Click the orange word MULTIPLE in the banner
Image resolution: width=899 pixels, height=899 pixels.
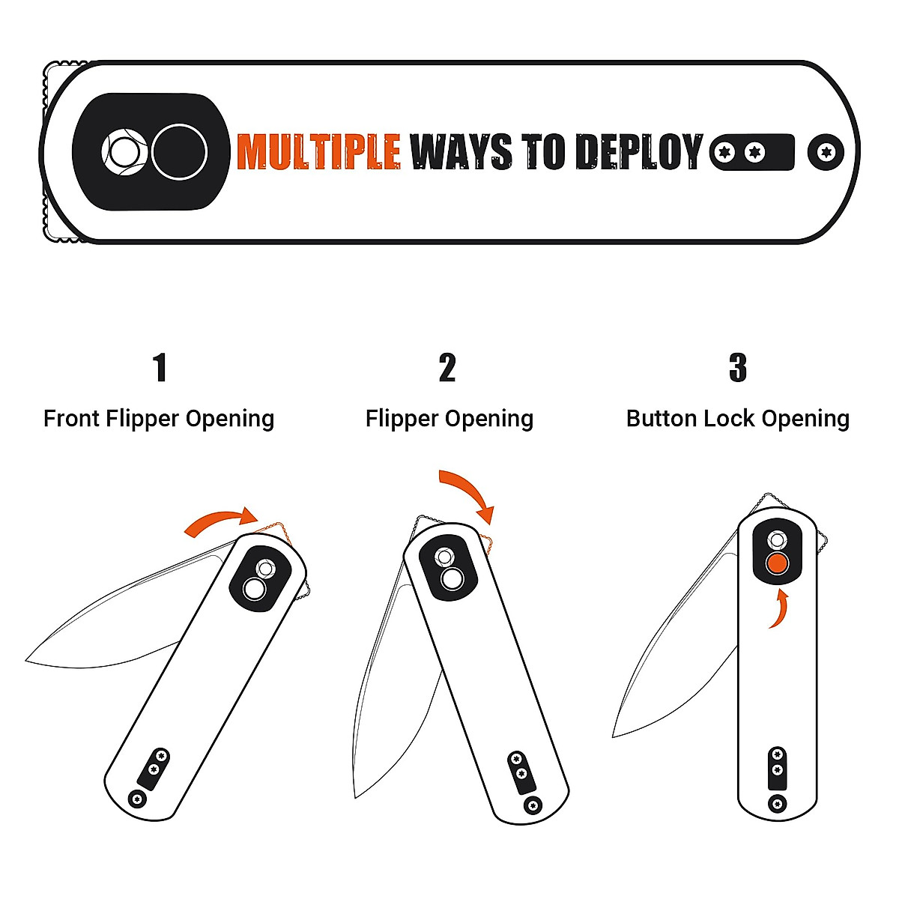coord(318,151)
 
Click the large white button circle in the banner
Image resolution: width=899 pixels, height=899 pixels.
coord(179,151)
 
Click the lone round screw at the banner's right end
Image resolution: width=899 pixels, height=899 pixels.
coord(826,152)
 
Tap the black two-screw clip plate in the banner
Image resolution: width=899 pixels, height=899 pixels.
coord(751,152)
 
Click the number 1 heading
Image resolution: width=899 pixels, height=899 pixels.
coord(159,368)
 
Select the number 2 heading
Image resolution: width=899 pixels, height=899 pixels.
coord(447,368)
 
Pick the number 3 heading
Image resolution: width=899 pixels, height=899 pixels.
coord(738,368)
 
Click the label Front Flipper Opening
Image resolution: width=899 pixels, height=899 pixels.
coord(159,418)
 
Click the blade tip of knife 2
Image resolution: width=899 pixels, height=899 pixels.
coord(357,796)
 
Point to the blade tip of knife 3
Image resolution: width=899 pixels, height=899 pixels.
coord(614,735)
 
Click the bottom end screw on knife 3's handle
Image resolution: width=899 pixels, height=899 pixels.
coord(778,804)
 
